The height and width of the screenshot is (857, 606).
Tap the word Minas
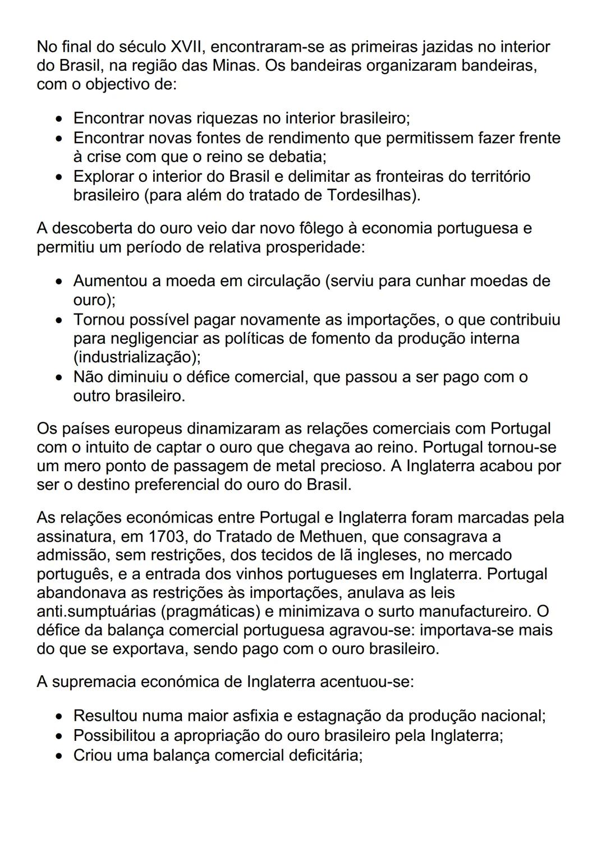point(235,66)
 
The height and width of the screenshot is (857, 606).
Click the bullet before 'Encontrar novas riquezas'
point(59,119)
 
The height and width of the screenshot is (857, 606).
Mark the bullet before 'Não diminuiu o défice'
point(59,377)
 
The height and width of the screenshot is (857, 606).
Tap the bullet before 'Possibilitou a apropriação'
point(59,736)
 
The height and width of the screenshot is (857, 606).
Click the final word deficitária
point(325,755)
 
